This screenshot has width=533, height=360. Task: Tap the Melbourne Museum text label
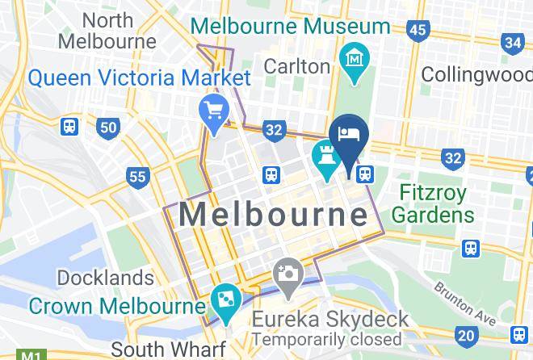click(x=290, y=26)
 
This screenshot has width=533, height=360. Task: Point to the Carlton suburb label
click(x=297, y=65)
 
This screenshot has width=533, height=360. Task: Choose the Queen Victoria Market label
click(x=139, y=78)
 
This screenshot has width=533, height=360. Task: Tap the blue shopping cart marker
click(x=214, y=111)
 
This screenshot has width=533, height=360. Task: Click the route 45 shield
click(x=417, y=31)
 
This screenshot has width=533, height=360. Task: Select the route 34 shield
click(x=512, y=43)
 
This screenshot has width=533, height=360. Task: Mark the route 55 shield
click(x=138, y=176)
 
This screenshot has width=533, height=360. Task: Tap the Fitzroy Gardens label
click(x=433, y=203)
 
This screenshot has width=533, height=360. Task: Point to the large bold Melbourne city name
click(x=273, y=215)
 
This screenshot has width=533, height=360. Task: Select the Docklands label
click(x=106, y=278)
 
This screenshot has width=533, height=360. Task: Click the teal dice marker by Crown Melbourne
click(x=223, y=300)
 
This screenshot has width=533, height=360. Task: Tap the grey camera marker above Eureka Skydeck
click(x=287, y=274)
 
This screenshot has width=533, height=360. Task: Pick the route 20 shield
click(x=465, y=334)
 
